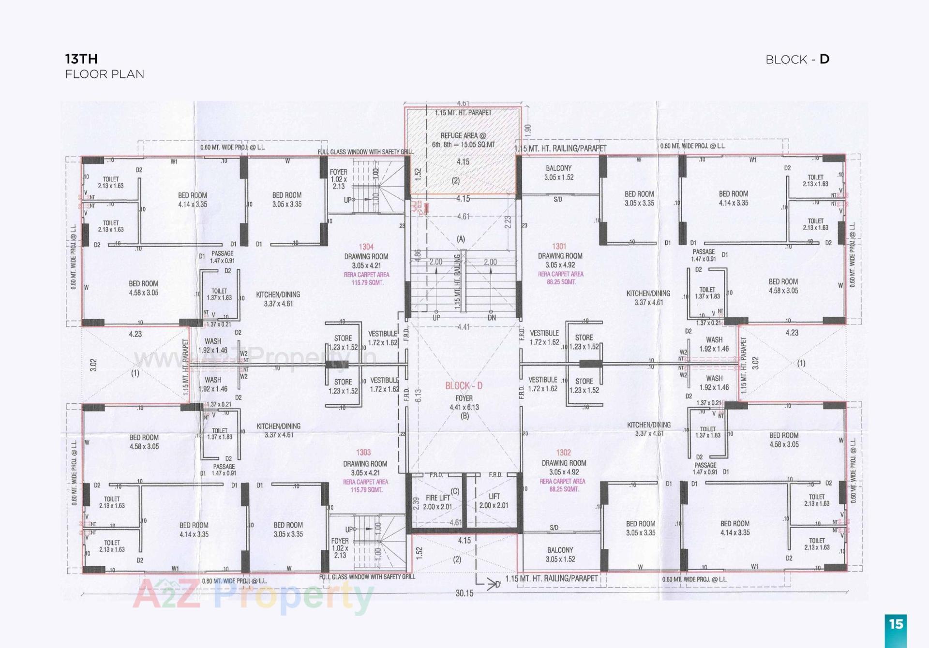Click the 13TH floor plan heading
pyautogui.click(x=81, y=59)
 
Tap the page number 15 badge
pyautogui.click(x=896, y=624)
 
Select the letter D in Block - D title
pyautogui.click(x=824, y=59)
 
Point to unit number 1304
pyautogui.click(x=366, y=247)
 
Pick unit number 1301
pyautogui.click(x=559, y=246)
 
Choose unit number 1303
pyautogui.click(x=363, y=452)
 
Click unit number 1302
pyautogui.click(x=563, y=452)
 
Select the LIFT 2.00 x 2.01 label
pyautogui.click(x=494, y=501)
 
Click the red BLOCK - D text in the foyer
pyautogui.click(x=464, y=385)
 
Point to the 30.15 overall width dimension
pyautogui.click(x=464, y=593)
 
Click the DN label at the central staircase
pyautogui.click(x=492, y=318)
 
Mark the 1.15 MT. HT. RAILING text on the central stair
pyautogui.click(x=457, y=282)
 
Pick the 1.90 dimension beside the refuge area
pyautogui.click(x=527, y=130)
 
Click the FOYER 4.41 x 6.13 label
pyautogui.click(x=464, y=403)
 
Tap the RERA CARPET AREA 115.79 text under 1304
pyautogui.click(x=366, y=278)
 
